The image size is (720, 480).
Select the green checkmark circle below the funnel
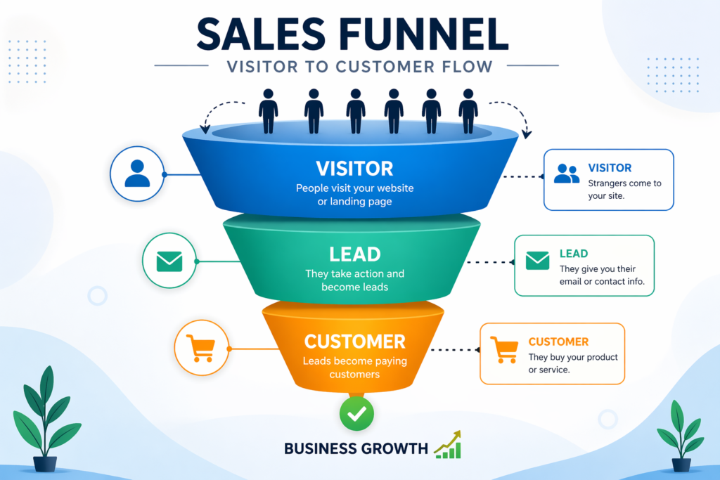point(356,413)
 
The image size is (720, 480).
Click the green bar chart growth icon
point(447,445)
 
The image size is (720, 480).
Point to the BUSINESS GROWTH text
point(356,448)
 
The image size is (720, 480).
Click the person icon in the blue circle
point(137,174)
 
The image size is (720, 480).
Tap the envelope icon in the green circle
point(170,261)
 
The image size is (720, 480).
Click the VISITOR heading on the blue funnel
point(354,169)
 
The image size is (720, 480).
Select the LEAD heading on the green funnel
point(354,254)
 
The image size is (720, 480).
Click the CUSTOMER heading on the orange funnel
point(354,342)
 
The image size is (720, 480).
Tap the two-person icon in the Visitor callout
point(567,174)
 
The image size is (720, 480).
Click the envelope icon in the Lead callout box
point(537,261)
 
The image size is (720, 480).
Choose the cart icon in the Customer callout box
point(503,349)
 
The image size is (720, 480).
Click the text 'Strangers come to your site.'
point(624,190)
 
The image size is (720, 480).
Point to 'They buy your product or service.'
point(573,363)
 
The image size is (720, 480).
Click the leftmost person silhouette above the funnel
point(268,111)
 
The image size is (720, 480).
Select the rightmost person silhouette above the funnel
point(468,111)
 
